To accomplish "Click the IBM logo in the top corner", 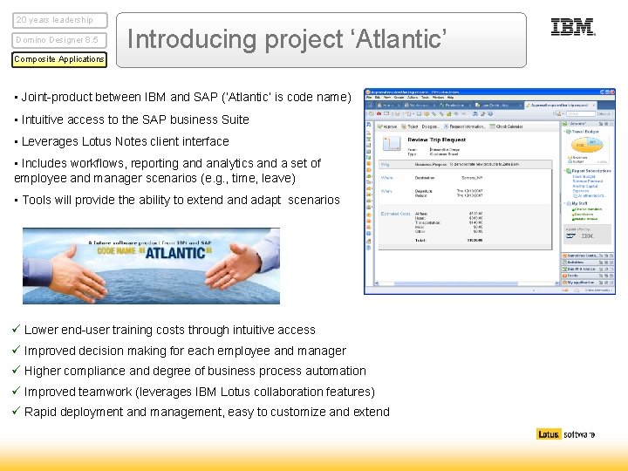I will click(x=573, y=28).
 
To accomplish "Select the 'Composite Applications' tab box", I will click(x=59, y=59).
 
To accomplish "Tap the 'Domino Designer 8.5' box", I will click(x=59, y=40).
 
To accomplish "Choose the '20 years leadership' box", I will click(x=59, y=20).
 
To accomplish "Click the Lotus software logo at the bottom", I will click(x=566, y=434).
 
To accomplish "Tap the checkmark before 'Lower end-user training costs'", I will click(x=17, y=330).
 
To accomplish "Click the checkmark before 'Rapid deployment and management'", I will click(x=17, y=412).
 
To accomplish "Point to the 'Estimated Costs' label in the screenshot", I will click(x=395, y=214).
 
